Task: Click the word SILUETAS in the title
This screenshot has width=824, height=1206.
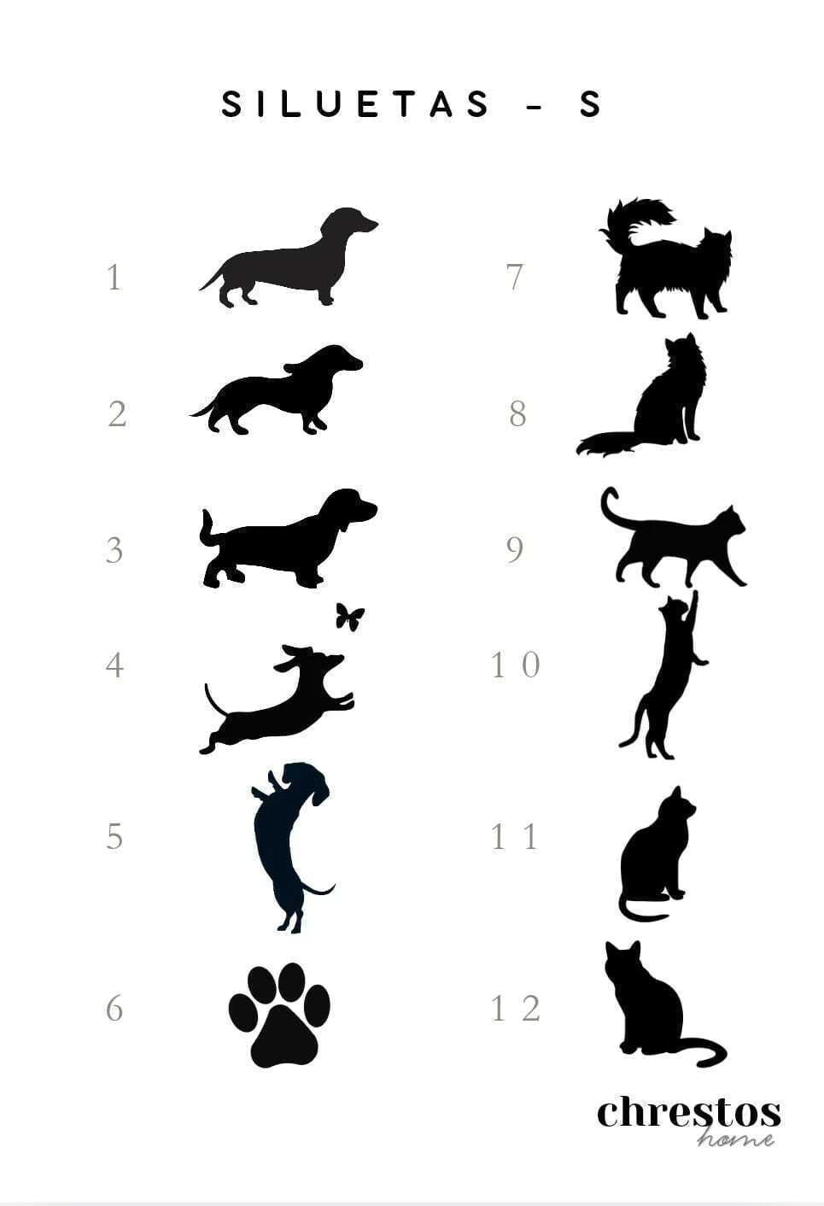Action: point(356,104)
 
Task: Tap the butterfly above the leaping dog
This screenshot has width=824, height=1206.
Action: point(350,616)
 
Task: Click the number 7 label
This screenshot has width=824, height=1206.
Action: point(515,278)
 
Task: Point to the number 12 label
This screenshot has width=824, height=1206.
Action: point(516,1009)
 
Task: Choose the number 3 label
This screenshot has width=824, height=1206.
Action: point(114,550)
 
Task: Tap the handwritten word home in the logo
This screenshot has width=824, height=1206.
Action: point(735,1137)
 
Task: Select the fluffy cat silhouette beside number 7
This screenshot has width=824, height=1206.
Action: point(665,259)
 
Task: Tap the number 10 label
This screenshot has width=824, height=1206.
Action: point(515,664)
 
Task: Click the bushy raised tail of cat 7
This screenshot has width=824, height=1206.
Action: point(638,220)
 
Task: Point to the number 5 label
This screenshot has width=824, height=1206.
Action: point(114,837)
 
